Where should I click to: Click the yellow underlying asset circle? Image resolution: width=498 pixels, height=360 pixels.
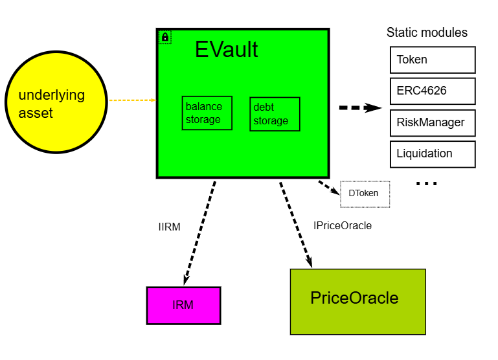point(55,102)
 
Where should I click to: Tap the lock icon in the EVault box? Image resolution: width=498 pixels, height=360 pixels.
point(164,38)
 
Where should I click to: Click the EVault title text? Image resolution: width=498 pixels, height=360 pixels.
point(226,50)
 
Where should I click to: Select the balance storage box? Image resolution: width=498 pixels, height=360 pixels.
point(207,113)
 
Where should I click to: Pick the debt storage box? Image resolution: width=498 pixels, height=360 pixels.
point(275,114)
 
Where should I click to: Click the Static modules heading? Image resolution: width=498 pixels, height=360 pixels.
point(427,32)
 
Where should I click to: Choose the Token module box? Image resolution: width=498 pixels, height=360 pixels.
point(432,60)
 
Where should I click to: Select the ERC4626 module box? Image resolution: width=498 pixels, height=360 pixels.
point(432,91)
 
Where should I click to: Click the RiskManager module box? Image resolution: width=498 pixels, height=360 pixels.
point(432,122)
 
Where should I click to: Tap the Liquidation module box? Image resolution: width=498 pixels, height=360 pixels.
point(432,154)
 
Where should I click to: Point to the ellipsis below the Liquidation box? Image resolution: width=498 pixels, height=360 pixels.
point(426,184)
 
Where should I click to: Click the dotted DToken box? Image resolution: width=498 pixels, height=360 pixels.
point(365,194)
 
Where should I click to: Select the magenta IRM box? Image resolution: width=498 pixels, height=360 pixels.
point(183,305)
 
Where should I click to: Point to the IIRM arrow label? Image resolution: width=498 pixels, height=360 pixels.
point(169,227)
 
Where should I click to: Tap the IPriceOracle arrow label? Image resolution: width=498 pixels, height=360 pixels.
point(342,226)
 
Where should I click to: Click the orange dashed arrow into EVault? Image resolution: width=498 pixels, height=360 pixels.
point(132,100)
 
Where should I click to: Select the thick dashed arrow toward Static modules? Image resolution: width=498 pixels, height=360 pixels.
point(360,107)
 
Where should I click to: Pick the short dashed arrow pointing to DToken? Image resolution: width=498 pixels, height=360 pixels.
point(329,187)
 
